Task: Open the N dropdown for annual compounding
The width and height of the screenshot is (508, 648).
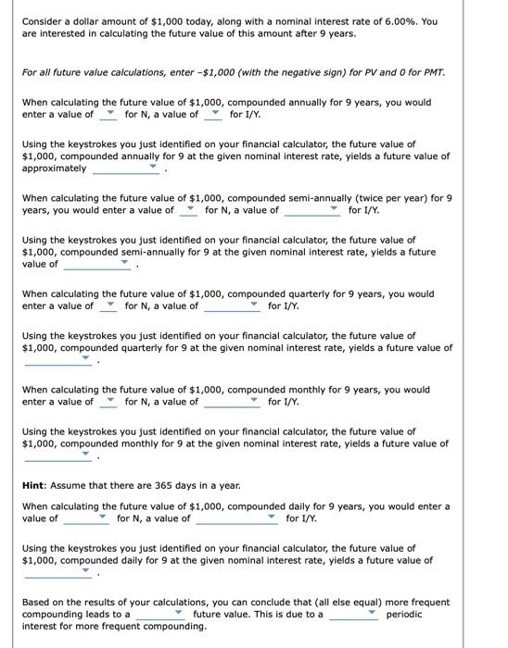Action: click(x=108, y=115)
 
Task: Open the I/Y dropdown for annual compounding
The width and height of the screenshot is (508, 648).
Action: click(x=213, y=115)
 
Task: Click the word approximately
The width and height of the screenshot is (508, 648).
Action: click(x=54, y=168)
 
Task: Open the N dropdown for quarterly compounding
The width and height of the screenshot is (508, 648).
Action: click(x=108, y=305)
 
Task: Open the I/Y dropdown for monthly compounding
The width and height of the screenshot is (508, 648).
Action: click(x=233, y=402)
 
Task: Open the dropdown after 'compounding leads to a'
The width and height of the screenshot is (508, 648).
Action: click(x=163, y=614)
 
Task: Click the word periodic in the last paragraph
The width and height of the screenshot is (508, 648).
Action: click(x=404, y=614)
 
